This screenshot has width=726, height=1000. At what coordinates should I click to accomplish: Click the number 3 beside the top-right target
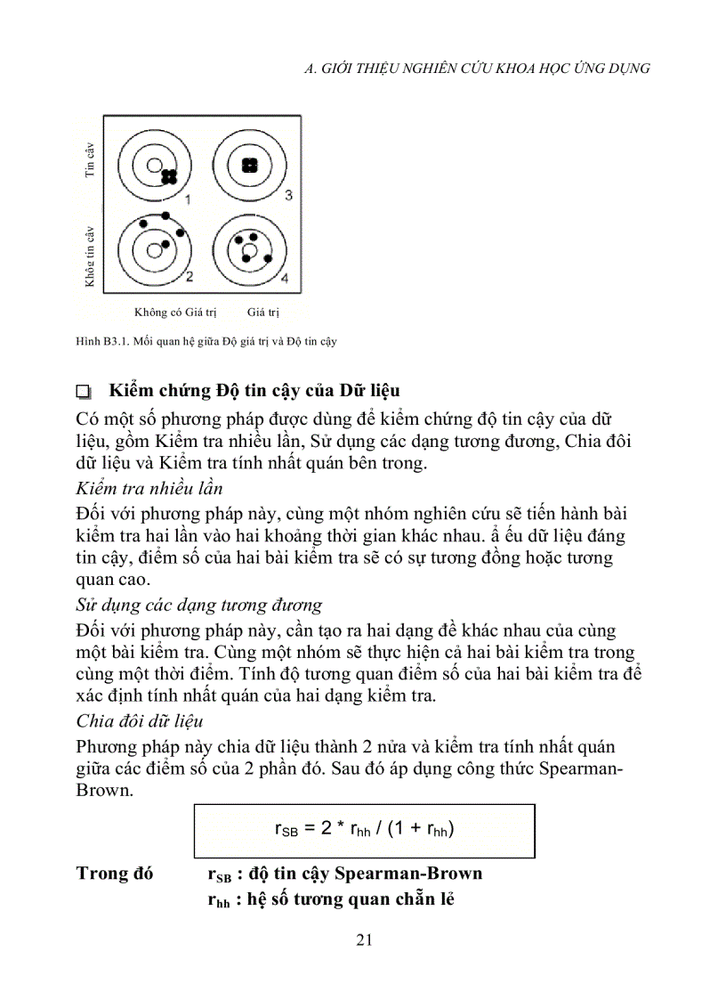coord(287,195)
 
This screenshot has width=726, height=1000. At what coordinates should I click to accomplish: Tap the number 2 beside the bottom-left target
coord(189,275)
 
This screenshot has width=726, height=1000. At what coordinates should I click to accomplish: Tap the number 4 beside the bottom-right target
coord(285,278)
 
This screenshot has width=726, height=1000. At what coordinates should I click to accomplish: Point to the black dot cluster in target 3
coord(250,165)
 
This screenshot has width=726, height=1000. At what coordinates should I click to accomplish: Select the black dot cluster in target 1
coord(169,177)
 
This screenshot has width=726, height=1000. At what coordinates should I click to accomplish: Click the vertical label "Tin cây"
coord(90,161)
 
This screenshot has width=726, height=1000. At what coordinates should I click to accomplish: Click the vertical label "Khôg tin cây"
coord(90,256)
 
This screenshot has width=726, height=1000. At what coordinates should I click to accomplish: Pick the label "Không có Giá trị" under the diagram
coord(175,313)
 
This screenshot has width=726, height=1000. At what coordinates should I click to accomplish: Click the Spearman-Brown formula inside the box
coord(365,830)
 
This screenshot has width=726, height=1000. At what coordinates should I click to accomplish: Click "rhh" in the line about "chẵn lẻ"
coord(218,900)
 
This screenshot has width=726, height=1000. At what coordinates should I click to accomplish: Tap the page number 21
coord(363,939)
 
